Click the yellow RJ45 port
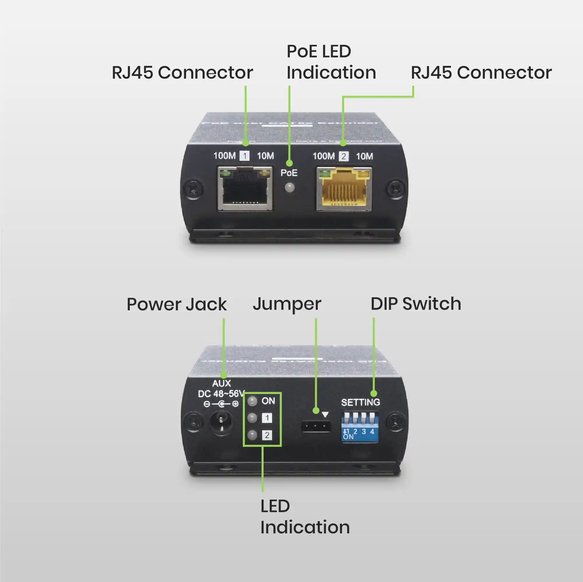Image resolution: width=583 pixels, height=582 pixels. pyautogui.click(x=344, y=189)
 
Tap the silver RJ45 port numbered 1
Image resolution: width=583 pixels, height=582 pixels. pyautogui.click(x=245, y=189)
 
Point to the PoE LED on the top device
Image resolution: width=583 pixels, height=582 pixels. pyautogui.click(x=289, y=187)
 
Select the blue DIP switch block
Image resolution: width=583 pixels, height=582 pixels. pyautogui.click(x=360, y=427)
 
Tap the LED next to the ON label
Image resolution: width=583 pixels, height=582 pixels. pyautogui.click(x=252, y=401)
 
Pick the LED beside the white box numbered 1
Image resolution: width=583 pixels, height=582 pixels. pyautogui.click(x=252, y=418)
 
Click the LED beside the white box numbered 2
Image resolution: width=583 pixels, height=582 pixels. pyautogui.click(x=252, y=435)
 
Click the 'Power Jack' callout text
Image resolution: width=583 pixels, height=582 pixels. pyautogui.click(x=177, y=305)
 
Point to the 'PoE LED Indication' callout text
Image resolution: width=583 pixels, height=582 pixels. pyautogui.click(x=331, y=62)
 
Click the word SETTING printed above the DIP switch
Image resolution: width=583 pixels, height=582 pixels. pyautogui.click(x=360, y=402)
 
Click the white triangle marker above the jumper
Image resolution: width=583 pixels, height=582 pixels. pyautogui.click(x=325, y=415)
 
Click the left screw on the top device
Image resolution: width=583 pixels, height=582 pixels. pyautogui.click(x=192, y=190)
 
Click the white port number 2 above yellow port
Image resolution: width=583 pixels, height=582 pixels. pyautogui.click(x=344, y=156)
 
